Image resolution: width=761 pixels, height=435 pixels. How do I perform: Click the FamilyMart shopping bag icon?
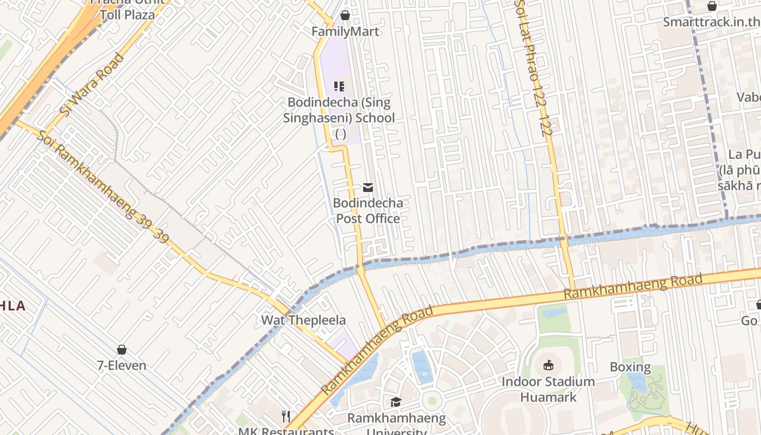coord(345,15)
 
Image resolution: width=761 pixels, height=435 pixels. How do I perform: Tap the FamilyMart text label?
coord(345,32)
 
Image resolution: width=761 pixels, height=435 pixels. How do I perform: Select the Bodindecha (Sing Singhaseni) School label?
coord(339,110)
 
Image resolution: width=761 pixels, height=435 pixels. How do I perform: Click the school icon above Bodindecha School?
coord(339,86)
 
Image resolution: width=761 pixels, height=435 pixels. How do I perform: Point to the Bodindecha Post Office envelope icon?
coord(368,188)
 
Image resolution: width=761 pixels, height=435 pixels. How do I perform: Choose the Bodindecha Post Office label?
coord(368,211)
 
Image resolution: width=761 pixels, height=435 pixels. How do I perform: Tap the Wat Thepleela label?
coord(303,320)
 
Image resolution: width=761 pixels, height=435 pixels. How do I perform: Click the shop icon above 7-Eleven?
coord(122,349)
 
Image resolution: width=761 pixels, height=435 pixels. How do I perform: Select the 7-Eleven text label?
coord(122,365)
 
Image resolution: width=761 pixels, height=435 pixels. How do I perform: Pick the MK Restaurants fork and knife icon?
coord(286,417)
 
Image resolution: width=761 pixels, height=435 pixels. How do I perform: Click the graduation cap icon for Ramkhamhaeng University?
coord(396,402)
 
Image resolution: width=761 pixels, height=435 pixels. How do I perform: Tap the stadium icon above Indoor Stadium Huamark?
coord(548,365)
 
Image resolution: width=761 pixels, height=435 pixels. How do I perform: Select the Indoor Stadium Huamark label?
coord(548,389)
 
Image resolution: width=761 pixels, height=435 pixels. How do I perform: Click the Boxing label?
coord(630,367)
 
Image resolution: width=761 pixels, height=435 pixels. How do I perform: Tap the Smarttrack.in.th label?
coord(711,22)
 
